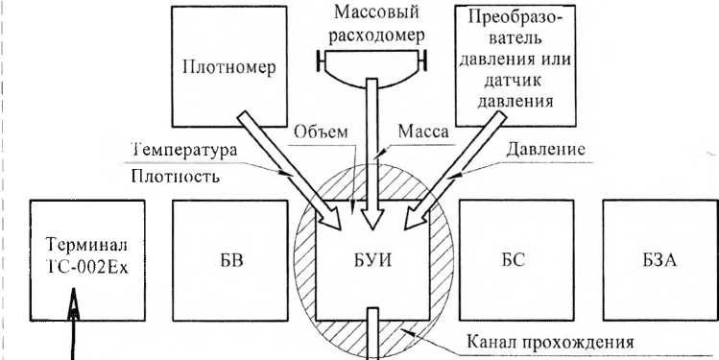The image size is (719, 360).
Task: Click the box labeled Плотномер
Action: (229, 66)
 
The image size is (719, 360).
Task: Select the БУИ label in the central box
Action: (372, 261)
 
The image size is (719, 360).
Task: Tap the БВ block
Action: (230, 260)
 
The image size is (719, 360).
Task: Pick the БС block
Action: (516, 260)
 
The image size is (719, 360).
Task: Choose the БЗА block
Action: (660, 260)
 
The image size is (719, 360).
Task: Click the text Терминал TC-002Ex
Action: (87, 257)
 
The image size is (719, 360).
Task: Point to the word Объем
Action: (321, 132)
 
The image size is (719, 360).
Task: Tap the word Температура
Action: (184, 150)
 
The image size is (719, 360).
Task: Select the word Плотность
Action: (175, 176)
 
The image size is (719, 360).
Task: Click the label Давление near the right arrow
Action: (545, 150)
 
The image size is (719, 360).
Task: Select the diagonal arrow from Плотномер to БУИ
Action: (290, 171)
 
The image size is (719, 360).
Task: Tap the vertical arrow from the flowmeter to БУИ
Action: (371, 154)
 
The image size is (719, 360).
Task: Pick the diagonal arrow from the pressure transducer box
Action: (455, 171)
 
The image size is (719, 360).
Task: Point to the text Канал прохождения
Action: (550, 343)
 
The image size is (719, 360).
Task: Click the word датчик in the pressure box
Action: (515, 82)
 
